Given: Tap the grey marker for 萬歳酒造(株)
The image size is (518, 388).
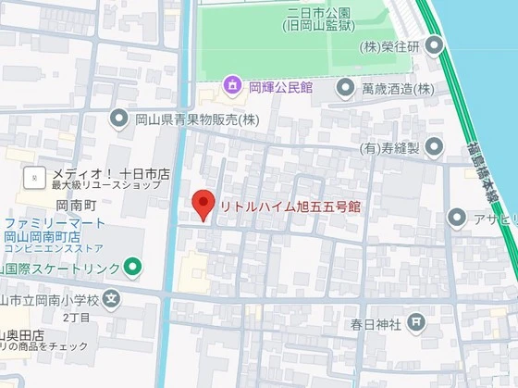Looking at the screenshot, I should [346, 88].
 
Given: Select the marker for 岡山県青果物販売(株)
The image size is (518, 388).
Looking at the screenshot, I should [119, 118].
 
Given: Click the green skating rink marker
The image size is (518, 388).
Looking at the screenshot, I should [133, 268].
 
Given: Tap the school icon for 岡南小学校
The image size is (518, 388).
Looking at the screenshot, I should [112, 298].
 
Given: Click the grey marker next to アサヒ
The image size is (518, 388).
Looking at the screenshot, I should [456, 218].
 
